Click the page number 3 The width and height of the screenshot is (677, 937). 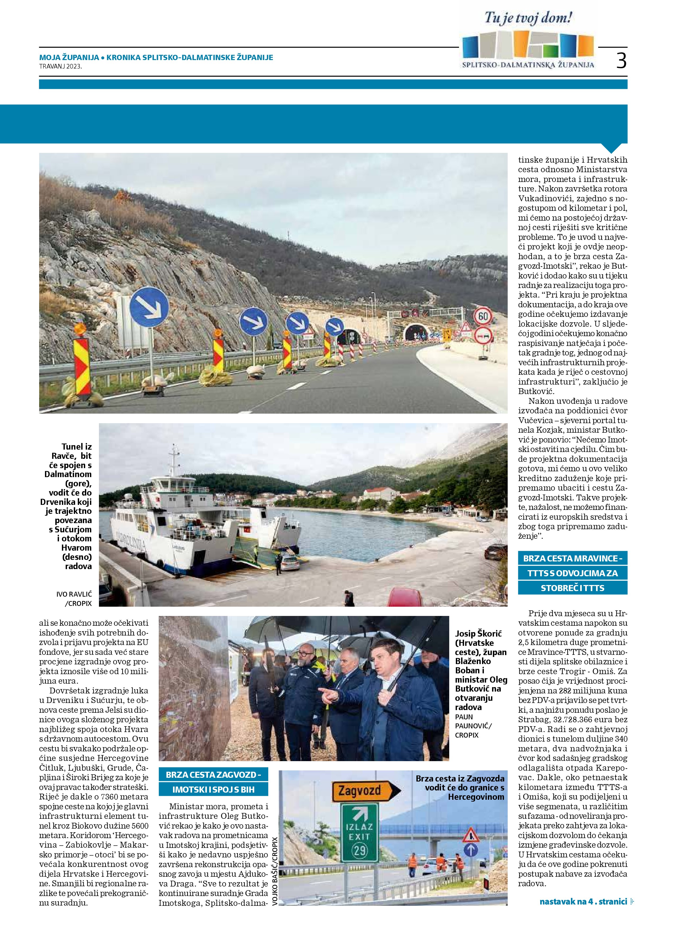coord(621,61)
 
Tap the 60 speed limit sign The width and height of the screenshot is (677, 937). coord(483,317)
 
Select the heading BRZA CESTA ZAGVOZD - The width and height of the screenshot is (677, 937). coord(213,775)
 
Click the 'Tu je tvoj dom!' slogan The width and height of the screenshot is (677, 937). coord(528,18)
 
